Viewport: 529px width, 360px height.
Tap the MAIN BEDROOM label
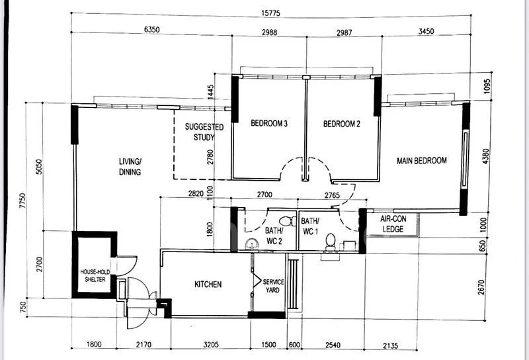click(x=421, y=161)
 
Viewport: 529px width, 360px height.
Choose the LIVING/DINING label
click(x=130, y=167)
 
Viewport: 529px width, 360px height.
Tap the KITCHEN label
click(x=208, y=285)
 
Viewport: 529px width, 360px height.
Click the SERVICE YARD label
click(x=273, y=287)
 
